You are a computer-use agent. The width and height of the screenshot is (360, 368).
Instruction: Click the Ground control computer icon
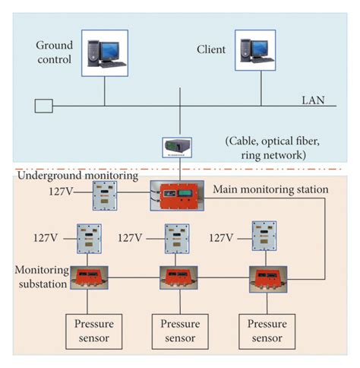pos(104,54)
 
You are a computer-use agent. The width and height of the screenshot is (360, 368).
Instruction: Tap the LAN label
pos(311,100)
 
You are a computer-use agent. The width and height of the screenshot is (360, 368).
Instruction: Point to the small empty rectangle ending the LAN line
pos(44,106)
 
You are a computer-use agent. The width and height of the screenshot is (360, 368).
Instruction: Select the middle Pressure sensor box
pos(179,331)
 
